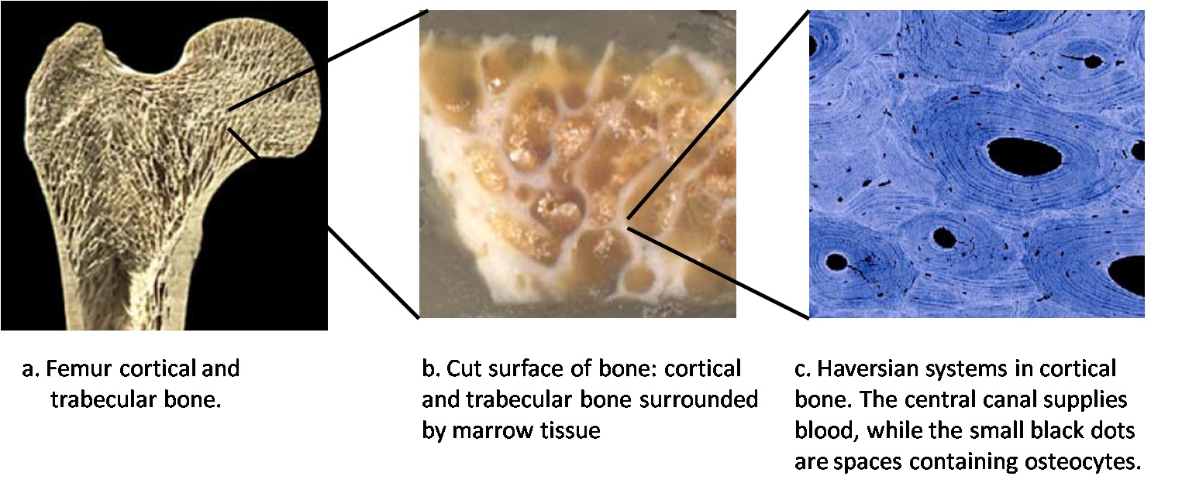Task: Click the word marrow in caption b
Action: pos(485,431)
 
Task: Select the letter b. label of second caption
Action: pos(431,368)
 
